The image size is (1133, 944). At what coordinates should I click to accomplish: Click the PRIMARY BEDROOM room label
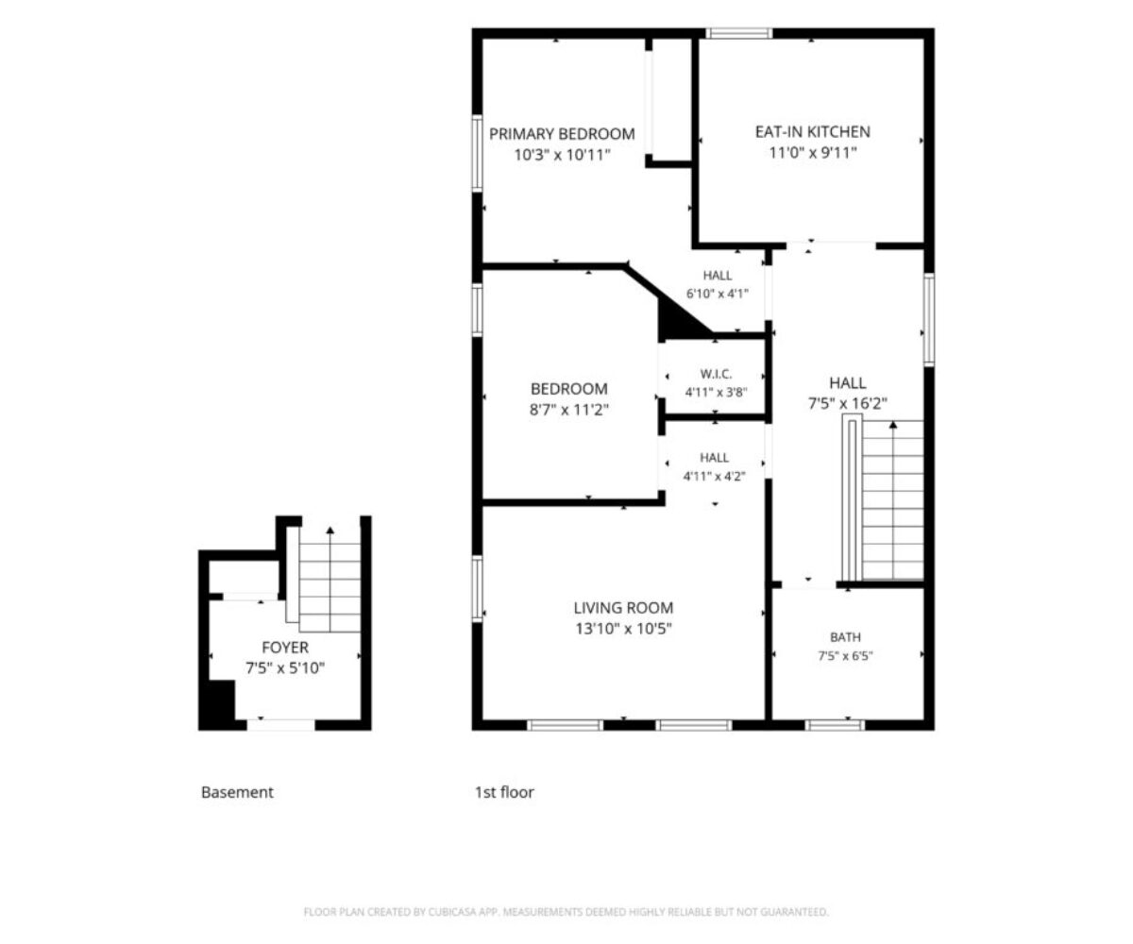[x=562, y=134]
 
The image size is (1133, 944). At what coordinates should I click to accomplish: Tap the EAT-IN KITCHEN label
[x=812, y=132]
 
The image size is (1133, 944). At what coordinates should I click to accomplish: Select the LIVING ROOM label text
[x=623, y=608]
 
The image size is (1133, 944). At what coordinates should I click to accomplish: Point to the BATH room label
[x=845, y=637]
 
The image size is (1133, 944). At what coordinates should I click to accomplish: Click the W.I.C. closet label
[x=716, y=374]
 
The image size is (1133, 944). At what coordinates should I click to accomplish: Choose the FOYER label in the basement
[x=285, y=648]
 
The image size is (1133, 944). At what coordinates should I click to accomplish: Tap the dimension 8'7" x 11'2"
[x=568, y=410]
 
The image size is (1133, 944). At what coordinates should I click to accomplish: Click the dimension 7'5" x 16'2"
[x=847, y=404]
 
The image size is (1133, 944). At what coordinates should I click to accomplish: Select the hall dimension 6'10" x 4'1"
[x=717, y=294]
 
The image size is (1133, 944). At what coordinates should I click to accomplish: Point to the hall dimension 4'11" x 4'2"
[x=714, y=477]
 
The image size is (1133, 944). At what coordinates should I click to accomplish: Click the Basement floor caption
[x=237, y=793]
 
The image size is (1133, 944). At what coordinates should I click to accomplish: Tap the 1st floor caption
[x=504, y=793]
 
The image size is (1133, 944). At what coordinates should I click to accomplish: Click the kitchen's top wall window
[x=739, y=33]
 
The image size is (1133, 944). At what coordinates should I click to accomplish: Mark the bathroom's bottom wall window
[x=835, y=725]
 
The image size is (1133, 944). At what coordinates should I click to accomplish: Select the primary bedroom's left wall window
[x=477, y=154]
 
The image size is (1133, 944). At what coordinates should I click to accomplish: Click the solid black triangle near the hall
[x=681, y=319]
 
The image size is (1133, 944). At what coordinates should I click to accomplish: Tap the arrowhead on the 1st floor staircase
[x=893, y=425]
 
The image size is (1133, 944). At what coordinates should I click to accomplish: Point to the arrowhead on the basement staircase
[x=330, y=530]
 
